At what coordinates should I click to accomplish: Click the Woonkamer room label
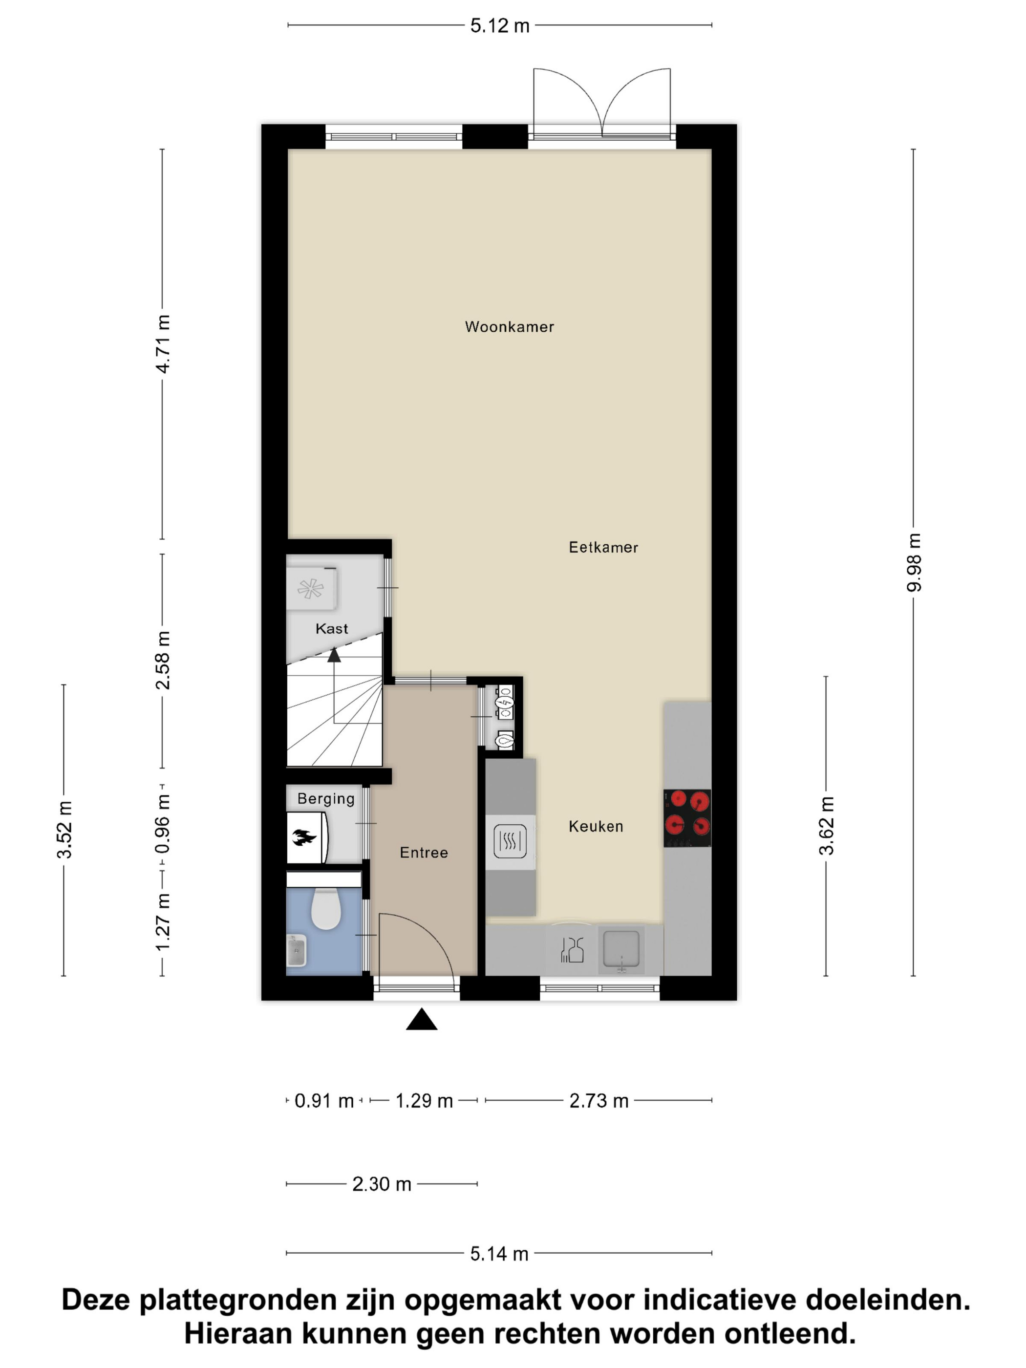click(x=509, y=326)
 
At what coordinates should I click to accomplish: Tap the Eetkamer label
click(x=603, y=547)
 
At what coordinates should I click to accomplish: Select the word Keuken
click(x=596, y=826)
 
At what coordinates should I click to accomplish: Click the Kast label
click(x=331, y=629)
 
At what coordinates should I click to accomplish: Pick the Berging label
click(x=326, y=798)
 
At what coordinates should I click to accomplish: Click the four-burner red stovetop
click(x=686, y=817)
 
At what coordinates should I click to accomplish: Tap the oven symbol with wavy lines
click(x=510, y=841)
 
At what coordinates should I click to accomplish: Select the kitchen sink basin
click(x=621, y=948)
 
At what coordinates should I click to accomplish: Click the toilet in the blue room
click(x=325, y=908)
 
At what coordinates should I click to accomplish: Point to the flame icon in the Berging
click(x=304, y=838)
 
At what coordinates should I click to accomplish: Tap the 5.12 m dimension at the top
click(x=500, y=25)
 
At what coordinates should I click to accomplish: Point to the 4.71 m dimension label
click(x=163, y=344)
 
